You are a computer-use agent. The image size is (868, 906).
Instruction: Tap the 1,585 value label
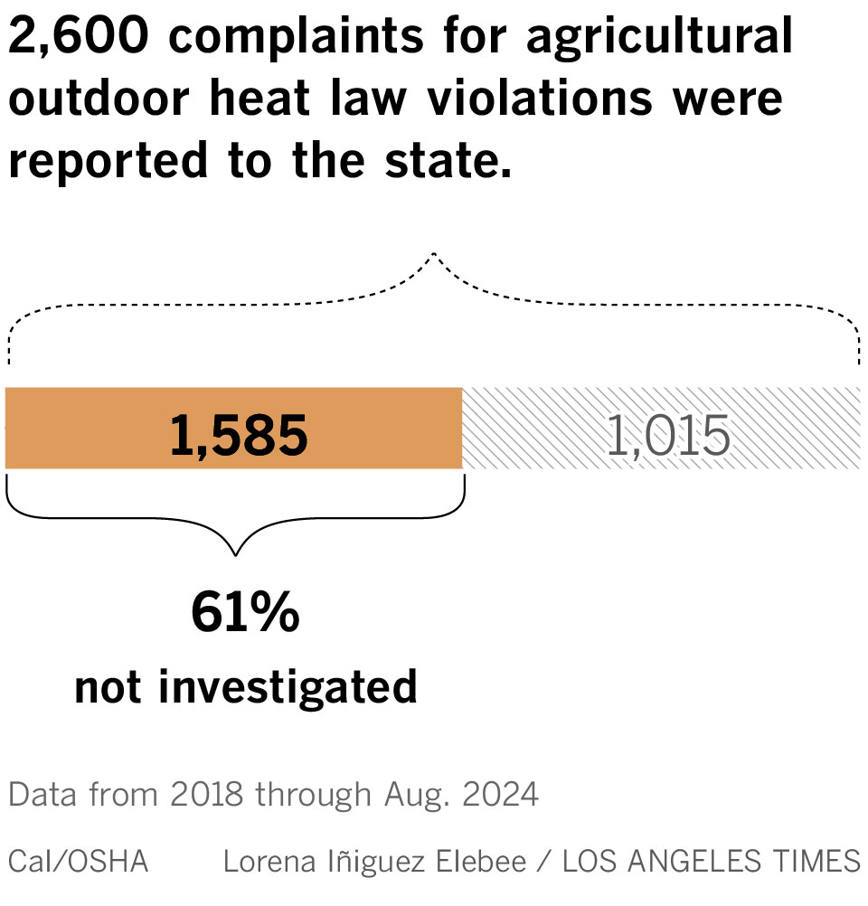click(239, 438)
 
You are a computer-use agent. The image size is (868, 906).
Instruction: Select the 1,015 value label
click(667, 438)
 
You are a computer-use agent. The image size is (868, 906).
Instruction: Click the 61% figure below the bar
click(245, 614)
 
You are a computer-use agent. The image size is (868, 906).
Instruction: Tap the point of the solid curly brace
click(236, 552)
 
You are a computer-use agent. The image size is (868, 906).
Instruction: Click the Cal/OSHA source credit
click(78, 861)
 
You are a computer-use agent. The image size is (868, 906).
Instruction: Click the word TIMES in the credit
click(819, 861)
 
